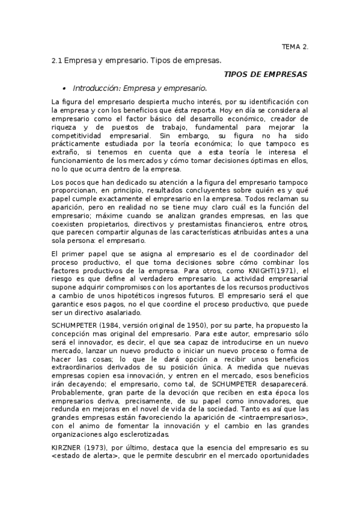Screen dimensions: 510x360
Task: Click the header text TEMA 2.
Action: click(294, 46)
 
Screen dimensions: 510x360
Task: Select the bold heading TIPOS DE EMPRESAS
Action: click(265, 74)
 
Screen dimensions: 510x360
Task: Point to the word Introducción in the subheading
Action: click(95, 87)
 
